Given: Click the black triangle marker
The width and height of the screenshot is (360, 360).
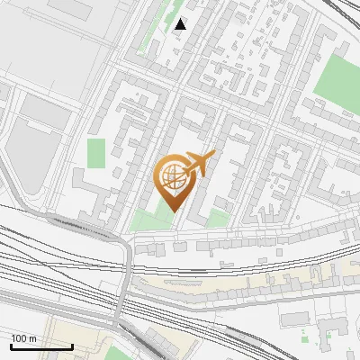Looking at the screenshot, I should click(181, 24).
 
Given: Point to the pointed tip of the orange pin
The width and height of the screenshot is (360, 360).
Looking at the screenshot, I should click(173, 212).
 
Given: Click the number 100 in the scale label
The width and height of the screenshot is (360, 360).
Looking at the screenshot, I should click(20, 338).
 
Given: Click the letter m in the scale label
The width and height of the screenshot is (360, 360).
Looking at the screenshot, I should click(32, 338).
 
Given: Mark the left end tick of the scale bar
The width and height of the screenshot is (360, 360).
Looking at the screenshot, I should click(11, 346).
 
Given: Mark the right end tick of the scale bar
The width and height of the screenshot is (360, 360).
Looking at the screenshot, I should click(72, 346).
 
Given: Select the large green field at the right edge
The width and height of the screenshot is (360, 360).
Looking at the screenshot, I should click(339, 78).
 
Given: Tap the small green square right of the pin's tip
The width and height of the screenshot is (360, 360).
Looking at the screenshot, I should click(217, 217).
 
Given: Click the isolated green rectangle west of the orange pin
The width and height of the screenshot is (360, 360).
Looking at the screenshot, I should click(96, 153).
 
